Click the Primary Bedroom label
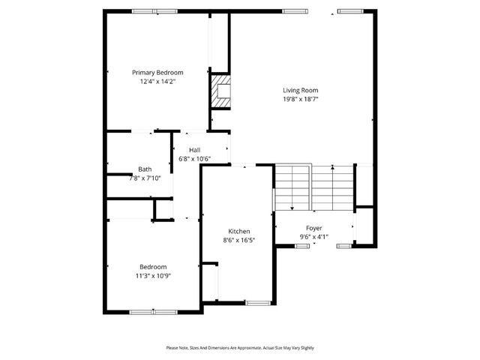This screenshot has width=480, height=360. (157, 73)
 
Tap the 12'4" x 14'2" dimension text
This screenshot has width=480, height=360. (157, 82)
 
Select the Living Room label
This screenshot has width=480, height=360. (300, 90)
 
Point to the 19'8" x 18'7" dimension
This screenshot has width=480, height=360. (300, 99)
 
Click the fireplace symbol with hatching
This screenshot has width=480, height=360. (220, 91)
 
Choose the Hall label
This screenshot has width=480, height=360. (194, 150)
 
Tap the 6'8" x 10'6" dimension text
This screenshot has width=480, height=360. (194, 159)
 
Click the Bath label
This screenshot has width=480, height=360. (145, 169)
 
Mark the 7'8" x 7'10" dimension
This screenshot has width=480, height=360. (145, 178)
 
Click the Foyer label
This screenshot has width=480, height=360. (313, 227)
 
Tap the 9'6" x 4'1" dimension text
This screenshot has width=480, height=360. (313, 236)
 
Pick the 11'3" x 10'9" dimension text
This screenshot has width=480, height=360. (153, 276)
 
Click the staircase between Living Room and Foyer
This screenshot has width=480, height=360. (313, 187)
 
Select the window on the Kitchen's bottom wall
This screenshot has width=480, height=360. (258, 303)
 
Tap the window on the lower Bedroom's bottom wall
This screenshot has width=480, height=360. (153, 311)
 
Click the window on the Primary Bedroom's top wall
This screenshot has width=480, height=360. (154, 11)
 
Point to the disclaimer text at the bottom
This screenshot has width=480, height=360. (240, 348)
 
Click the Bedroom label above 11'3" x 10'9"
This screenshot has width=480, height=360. (153, 267)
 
